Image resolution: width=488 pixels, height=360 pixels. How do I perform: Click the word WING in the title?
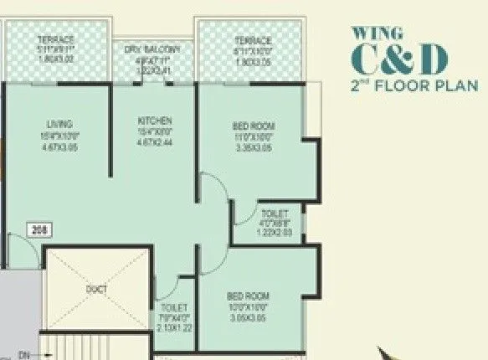click(x=367, y=34)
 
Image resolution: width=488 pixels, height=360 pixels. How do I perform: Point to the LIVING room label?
click(x=59, y=124)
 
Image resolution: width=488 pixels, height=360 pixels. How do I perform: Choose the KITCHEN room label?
click(x=155, y=121)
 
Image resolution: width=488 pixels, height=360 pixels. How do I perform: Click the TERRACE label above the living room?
click(x=56, y=40)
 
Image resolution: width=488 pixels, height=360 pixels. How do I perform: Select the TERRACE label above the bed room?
click(x=253, y=40)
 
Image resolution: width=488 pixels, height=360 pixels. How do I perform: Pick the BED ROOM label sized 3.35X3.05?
click(x=254, y=126)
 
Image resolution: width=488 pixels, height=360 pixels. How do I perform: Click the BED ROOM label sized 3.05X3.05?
click(x=248, y=296)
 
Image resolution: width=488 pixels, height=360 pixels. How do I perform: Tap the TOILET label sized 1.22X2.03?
click(x=274, y=214)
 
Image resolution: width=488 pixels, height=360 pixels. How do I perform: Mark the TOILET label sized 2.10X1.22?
click(x=175, y=308)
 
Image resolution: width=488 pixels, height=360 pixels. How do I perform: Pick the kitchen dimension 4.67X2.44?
click(x=155, y=142)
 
